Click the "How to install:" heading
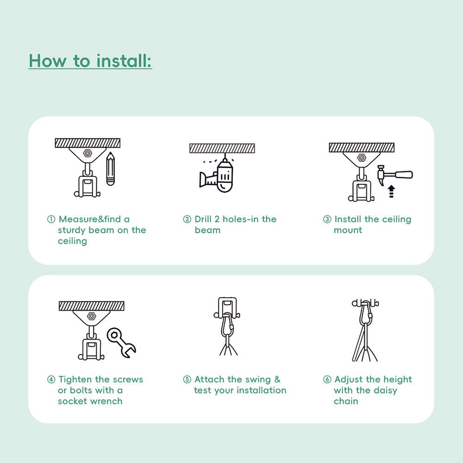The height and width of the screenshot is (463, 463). [90, 61]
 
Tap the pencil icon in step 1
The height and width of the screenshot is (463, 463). [110, 169]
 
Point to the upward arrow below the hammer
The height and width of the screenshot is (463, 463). [391, 191]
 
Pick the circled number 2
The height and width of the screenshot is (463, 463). [187, 219]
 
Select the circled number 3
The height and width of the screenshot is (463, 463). [327, 219]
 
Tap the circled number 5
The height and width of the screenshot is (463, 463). [187, 380]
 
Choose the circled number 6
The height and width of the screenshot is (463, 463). [327, 380]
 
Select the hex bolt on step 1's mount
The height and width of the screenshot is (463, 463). [88, 152]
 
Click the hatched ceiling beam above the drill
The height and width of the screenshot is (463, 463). [222, 148]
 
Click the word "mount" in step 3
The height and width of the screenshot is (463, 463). [348, 230]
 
